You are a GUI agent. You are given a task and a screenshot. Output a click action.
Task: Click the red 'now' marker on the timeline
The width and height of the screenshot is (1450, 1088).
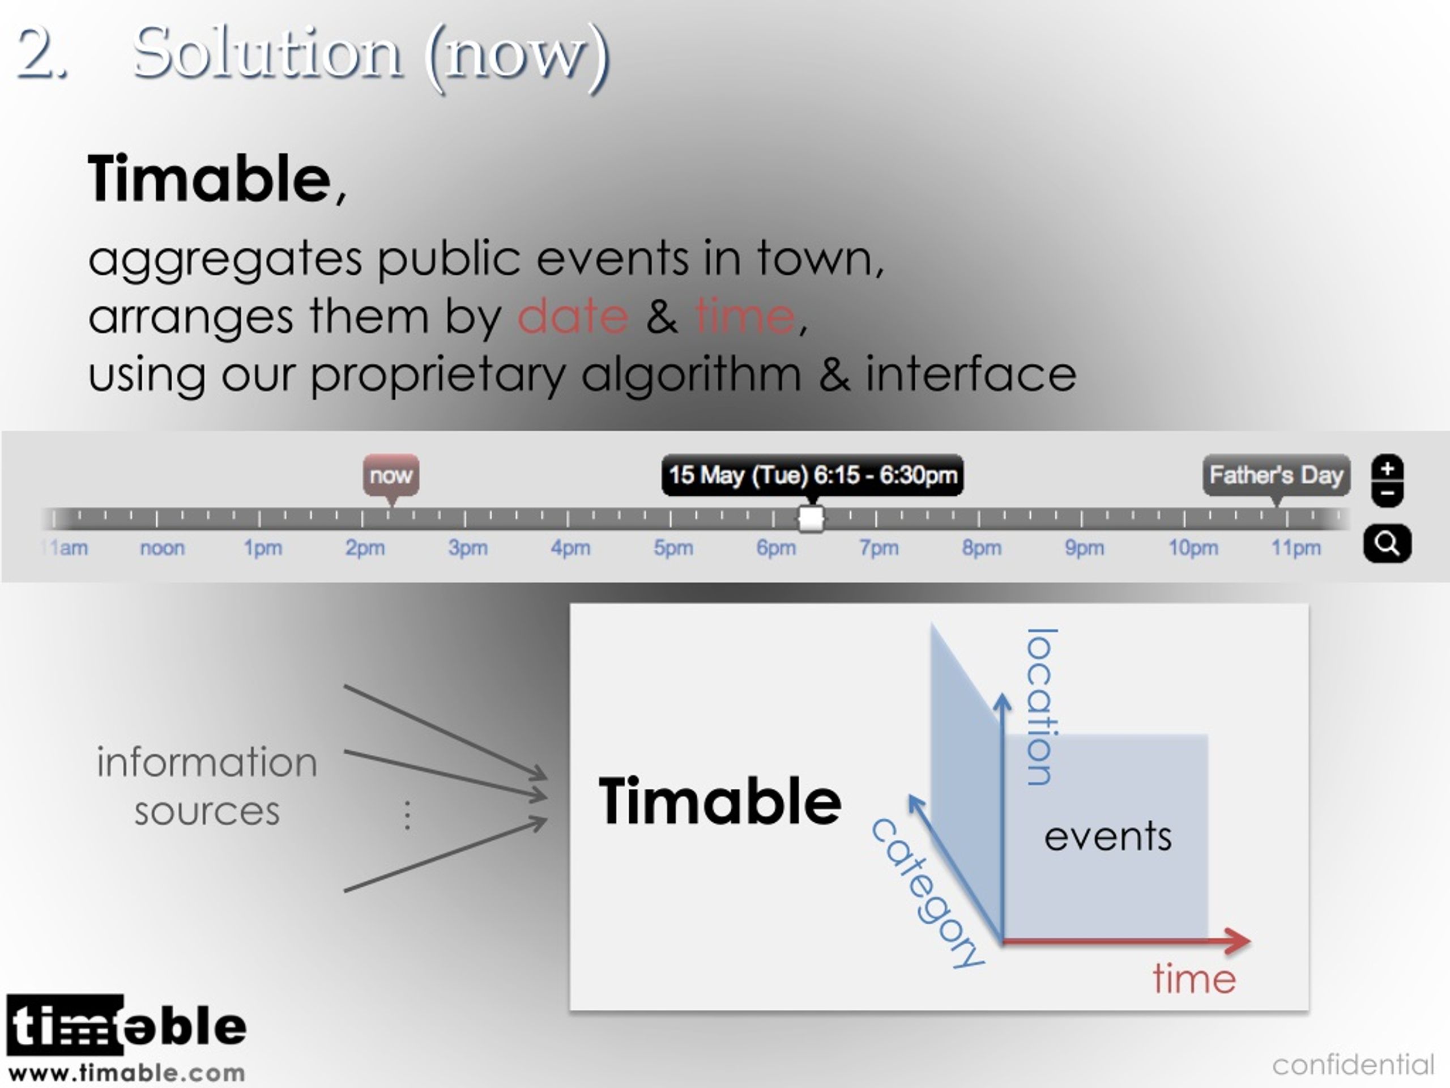(391, 475)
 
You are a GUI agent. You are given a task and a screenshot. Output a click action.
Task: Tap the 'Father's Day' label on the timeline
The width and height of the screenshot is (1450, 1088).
(1276, 475)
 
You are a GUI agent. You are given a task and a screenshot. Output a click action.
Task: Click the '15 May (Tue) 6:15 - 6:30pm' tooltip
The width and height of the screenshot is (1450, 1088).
(812, 475)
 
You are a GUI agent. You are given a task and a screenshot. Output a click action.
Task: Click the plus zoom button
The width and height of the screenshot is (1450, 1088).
(1387, 469)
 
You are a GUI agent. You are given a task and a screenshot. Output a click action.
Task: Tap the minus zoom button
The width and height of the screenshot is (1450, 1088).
(1387, 494)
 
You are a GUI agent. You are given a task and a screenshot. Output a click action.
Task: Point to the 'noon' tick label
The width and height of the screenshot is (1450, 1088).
(162, 547)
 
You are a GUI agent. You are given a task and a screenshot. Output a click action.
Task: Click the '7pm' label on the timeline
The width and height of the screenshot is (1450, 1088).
(879, 547)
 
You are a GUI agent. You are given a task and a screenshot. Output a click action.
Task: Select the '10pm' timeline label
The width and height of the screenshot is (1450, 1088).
(1193, 547)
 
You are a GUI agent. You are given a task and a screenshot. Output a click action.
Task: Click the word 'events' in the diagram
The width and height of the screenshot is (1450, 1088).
(1108, 837)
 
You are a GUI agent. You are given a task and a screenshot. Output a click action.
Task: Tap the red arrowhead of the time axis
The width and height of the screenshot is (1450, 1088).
(1238, 941)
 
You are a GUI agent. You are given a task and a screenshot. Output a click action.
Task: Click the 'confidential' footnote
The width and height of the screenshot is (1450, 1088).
(1354, 1064)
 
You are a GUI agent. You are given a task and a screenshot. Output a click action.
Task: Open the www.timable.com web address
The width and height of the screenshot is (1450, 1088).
(126, 1073)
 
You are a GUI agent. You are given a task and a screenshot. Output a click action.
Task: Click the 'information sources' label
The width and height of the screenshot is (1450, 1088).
(207, 787)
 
